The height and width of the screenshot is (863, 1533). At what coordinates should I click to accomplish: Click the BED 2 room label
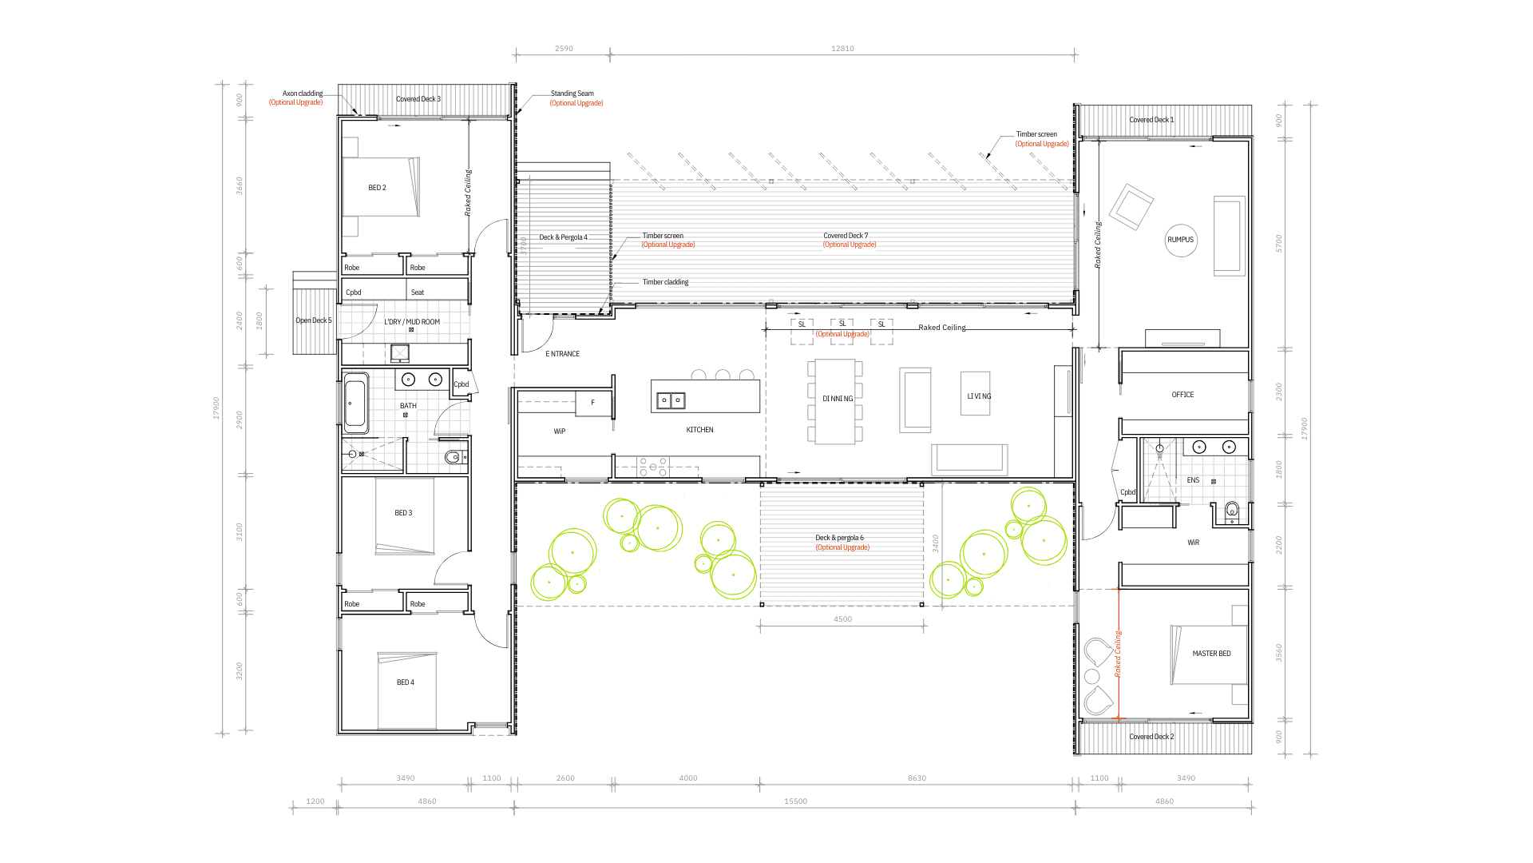tap(377, 188)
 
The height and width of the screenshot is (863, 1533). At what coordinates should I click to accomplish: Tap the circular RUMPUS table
tap(1181, 240)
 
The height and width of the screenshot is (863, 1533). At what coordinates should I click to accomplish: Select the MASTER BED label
tap(1211, 654)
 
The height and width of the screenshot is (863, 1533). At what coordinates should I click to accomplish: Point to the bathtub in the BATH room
tap(356, 403)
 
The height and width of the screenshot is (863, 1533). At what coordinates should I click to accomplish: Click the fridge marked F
tap(593, 403)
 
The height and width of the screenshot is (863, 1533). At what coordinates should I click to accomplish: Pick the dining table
tap(835, 402)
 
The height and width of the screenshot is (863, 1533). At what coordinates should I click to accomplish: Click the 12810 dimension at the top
tap(842, 49)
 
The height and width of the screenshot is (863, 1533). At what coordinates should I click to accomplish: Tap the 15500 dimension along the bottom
tap(795, 801)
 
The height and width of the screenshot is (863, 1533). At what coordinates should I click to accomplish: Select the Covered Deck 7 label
tap(846, 236)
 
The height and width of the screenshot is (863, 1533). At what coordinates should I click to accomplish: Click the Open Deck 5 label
tap(314, 320)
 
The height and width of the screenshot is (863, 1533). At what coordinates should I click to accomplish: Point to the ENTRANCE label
tap(563, 354)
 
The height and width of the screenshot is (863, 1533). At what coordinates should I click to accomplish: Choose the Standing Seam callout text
tap(572, 93)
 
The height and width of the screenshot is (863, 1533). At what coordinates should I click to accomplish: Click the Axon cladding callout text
tap(303, 93)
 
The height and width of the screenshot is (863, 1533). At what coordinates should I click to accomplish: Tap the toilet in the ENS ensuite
tap(1232, 511)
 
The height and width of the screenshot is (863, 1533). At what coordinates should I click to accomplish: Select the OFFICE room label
tap(1182, 395)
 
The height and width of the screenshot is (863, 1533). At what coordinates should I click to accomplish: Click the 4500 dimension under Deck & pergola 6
tap(842, 619)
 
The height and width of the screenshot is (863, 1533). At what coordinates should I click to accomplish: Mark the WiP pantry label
tap(560, 431)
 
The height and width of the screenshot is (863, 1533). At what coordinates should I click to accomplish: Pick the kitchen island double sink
tap(671, 400)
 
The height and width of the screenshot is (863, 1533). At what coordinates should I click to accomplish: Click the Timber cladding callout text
tap(665, 282)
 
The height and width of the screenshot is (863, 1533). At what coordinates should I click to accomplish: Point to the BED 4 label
tap(406, 682)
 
